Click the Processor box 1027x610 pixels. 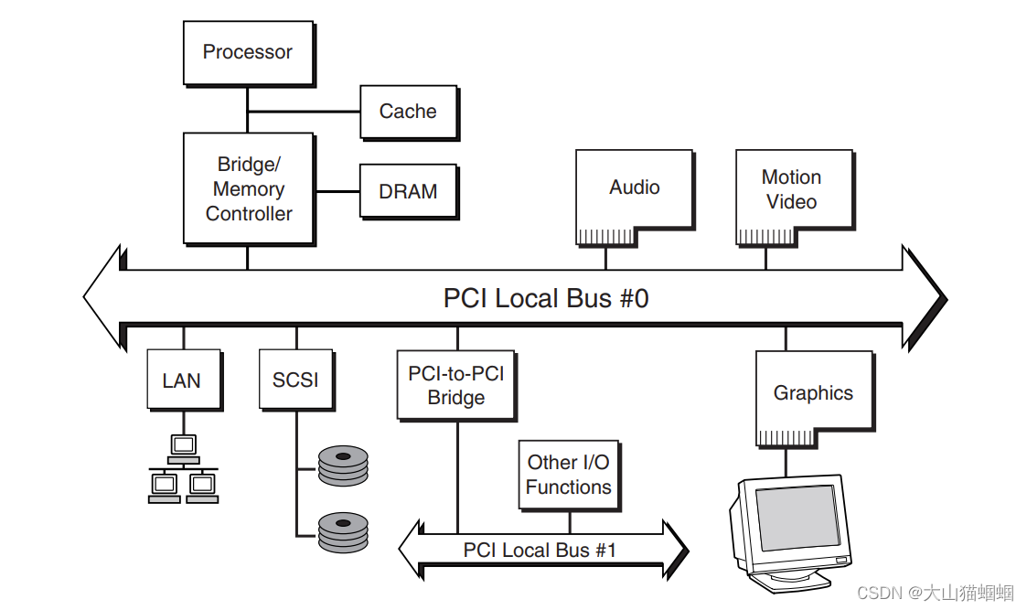click(248, 53)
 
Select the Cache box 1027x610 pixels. click(408, 112)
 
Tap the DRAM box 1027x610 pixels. click(408, 192)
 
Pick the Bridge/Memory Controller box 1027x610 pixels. click(248, 188)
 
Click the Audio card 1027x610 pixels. click(634, 187)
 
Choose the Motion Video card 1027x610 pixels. click(792, 189)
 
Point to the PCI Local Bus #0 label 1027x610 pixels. click(546, 298)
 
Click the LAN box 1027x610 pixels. click(183, 380)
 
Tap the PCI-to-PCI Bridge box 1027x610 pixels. click(455, 385)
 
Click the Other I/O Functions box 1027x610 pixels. click(568, 475)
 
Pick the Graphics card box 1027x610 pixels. click(812, 393)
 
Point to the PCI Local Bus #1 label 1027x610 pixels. click(540, 550)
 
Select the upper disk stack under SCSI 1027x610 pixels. click(342, 466)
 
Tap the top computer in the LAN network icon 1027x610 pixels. click(183, 446)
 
